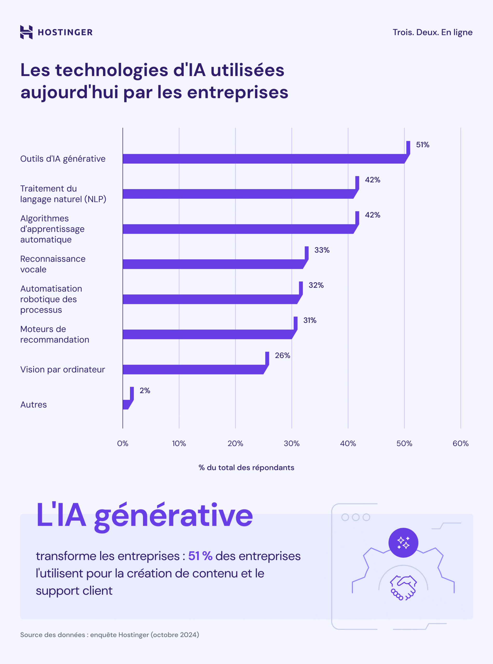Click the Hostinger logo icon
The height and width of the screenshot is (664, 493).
click(26, 32)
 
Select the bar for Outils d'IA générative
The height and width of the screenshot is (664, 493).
click(263, 159)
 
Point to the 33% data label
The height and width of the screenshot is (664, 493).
click(322, 250)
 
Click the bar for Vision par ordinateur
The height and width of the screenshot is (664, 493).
click(193, 369)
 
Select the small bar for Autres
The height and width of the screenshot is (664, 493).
click(127, 404)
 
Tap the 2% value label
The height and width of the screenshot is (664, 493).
click(145, 390)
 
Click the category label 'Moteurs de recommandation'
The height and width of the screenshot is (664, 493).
click(54, 334)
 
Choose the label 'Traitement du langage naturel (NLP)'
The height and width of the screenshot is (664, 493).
click(63, 193)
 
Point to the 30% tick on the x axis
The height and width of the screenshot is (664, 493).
click(292, 443)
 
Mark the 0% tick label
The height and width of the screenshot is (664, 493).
click(123, 443)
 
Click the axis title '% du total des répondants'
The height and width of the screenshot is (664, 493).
click(246, 467)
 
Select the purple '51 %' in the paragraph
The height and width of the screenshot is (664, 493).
click(200, 556)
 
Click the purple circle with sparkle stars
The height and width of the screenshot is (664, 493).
click(403, 543)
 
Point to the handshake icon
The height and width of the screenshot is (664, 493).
click(403, 587)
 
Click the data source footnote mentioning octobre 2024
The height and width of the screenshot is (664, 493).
click(109, 634)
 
